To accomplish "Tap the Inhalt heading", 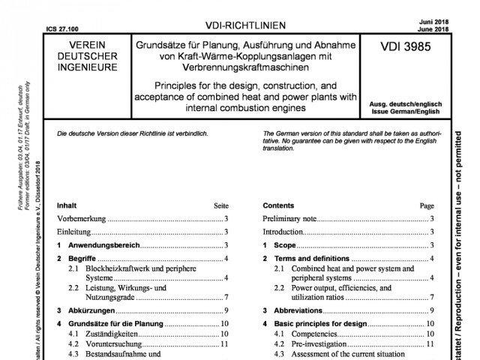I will tap(66, 205).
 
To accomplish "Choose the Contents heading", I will tap(279, 205).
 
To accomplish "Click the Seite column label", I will tap(220, 205).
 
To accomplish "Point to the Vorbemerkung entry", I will tap(82, 218).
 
